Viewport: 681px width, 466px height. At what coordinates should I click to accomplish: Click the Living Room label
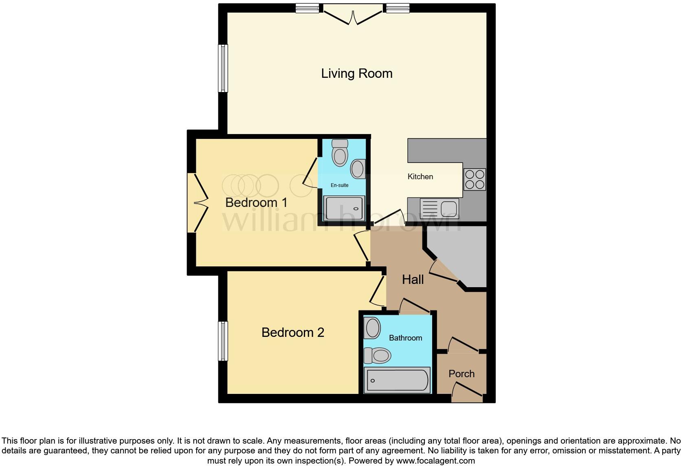pos(357,74)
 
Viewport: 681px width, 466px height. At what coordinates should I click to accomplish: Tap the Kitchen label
pos(420,177)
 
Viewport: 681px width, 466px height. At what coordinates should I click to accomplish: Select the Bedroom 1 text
pos(256,202)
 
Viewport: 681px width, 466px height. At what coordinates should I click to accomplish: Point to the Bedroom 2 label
pos(292,332)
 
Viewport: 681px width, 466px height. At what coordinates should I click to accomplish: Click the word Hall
pos(413,279)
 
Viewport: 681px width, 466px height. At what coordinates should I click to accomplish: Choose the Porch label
pos(461,374)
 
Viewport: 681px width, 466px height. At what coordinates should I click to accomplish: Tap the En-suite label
pos(339,185)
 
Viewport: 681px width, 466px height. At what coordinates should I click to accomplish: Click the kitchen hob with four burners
pos(475,180)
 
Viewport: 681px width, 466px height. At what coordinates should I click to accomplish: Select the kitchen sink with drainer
pos(439,209)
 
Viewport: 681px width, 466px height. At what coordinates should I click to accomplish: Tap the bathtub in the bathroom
pos(397,380)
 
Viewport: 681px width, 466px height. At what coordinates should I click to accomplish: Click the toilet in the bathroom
pos(377,355)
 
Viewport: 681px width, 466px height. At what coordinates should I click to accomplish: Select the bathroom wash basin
pos(372,328)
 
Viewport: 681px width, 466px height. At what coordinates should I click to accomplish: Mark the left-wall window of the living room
pos(223,68)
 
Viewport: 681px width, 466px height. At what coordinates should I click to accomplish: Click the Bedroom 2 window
pos(223,341)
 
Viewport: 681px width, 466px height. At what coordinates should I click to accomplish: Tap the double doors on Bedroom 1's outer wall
pos(197,202)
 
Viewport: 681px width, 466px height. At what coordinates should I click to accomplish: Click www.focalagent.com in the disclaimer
pos(435,461)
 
